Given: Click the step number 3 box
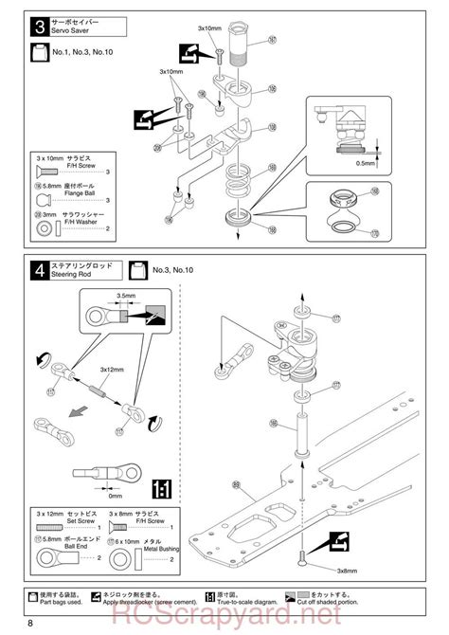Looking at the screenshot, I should pos(38,26).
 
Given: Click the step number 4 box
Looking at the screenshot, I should pos(38,270).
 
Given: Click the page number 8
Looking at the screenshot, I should pos(31,622).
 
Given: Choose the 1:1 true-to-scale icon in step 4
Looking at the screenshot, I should pos(161,490).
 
